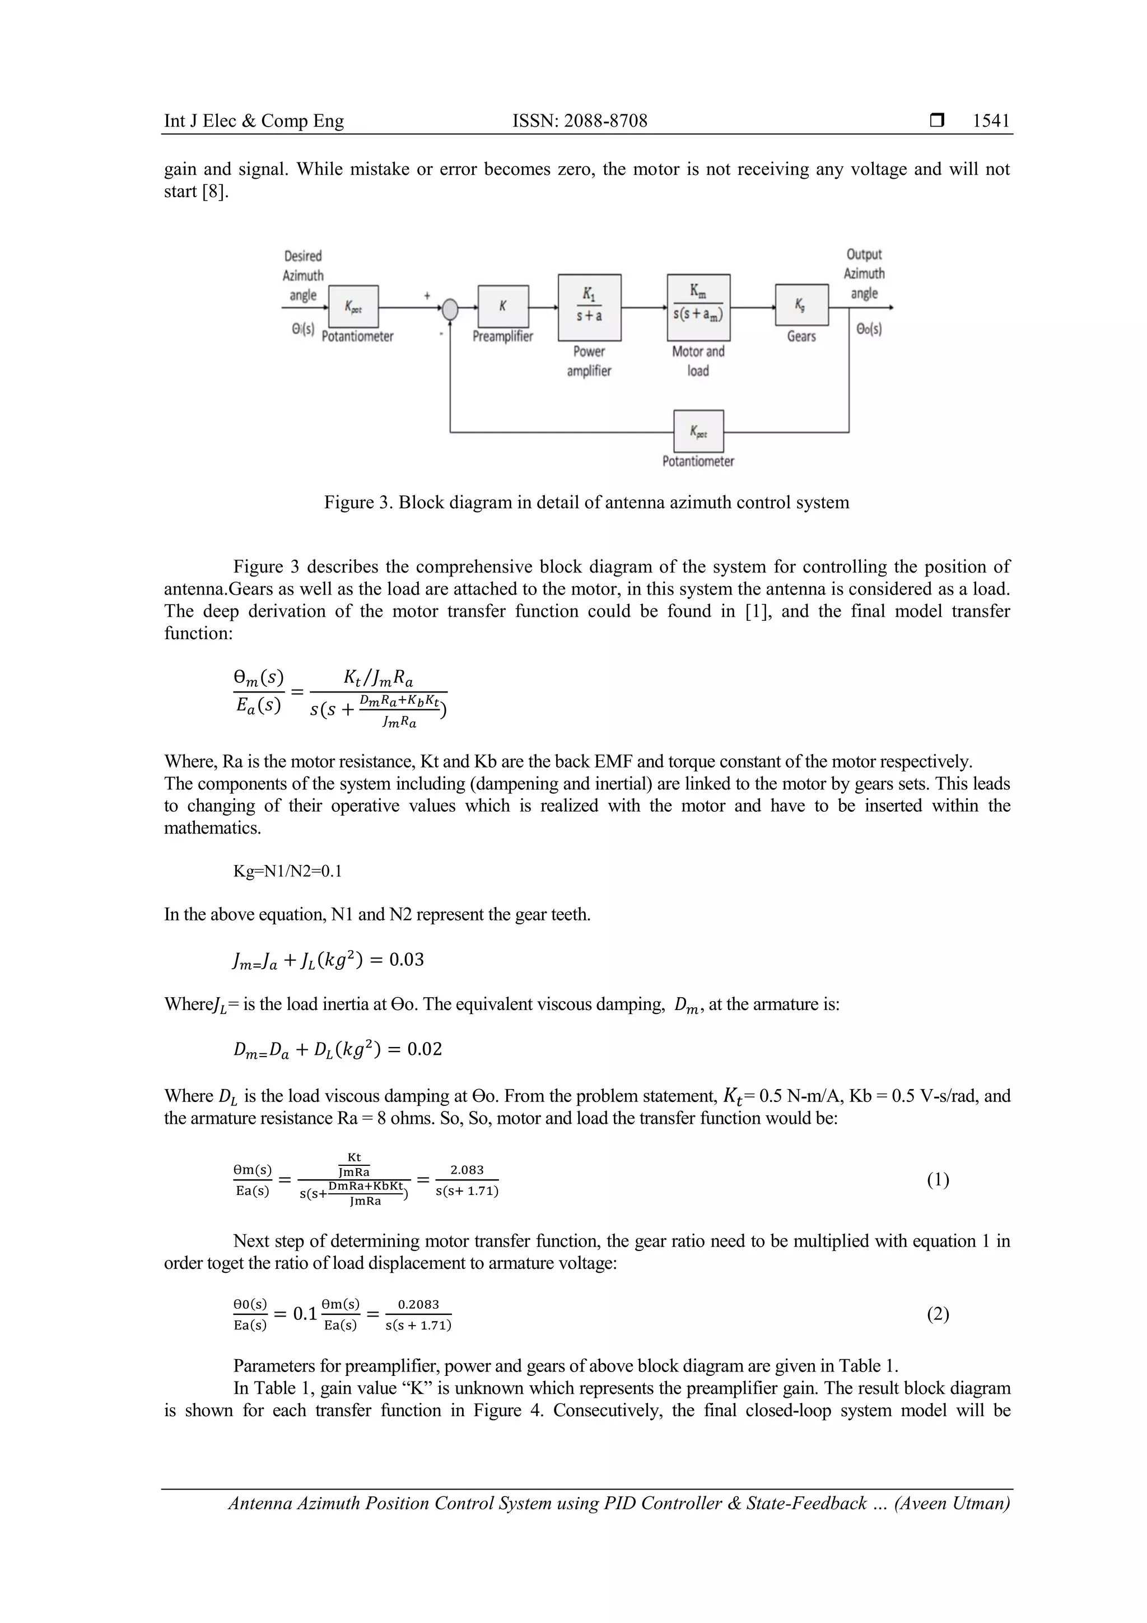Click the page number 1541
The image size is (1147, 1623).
(991, 121)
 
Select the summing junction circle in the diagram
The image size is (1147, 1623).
(450, 309)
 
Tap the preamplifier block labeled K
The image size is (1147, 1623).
(502, 306)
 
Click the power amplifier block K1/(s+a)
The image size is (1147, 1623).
(589, 307)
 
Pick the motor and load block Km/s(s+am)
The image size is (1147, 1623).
(698, 307)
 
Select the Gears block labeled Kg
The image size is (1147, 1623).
(801, 305)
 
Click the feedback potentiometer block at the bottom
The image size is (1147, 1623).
(698, 430)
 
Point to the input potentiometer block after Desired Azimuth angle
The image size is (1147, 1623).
(353, 306)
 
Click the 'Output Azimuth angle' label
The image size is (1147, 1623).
(864, 273)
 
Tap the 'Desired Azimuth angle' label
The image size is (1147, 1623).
(303, 276)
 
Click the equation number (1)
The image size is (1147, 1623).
(938, 1180)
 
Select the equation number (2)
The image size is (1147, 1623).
(938, 1314)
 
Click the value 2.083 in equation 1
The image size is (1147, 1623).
(467, 1170)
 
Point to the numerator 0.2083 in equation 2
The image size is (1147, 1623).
(418, 1304)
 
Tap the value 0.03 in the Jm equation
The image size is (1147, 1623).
(407, 959)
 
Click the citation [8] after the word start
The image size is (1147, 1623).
(216, 192)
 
